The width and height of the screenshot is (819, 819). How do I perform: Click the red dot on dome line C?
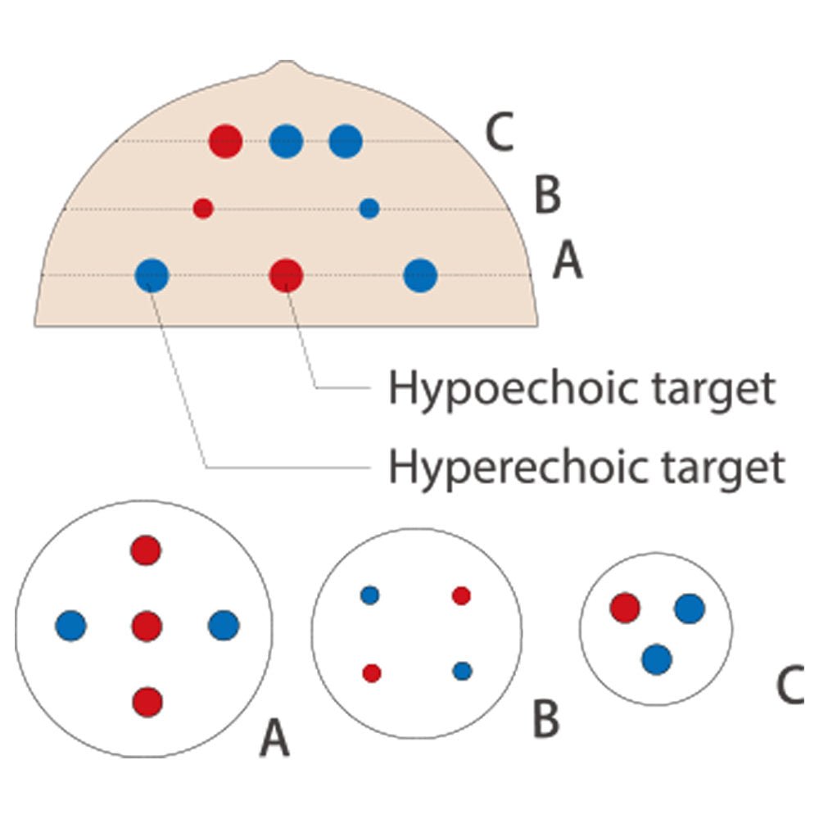point(225,141)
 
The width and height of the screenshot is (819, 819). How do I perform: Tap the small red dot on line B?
point(203,208)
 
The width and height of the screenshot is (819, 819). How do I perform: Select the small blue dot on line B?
point(369,208)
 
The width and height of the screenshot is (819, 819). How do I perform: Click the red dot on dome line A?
point(286,275)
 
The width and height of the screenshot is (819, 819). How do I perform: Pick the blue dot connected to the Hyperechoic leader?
point(152,275)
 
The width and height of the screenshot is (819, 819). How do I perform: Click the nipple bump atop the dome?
point(284,66)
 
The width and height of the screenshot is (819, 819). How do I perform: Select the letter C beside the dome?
point(499,133)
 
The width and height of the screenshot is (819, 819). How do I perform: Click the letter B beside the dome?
point(547,197)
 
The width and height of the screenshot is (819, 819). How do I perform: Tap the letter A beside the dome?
point(568,263)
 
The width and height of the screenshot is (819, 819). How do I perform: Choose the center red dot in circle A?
point(147,626)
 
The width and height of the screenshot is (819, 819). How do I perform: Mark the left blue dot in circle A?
point(71,626)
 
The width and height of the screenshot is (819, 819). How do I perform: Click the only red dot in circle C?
point(625,608)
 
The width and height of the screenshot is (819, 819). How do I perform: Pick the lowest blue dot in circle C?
point(656,658)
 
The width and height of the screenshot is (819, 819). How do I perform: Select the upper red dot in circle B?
point(461,595)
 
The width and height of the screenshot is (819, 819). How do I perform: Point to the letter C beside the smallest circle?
point(791,686)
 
